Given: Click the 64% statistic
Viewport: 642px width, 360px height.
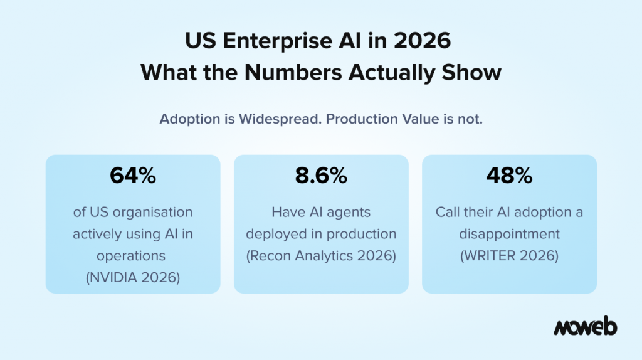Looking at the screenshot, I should (x=132, y=176).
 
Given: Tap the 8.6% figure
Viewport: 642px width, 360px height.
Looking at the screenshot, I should (x=321, y=176).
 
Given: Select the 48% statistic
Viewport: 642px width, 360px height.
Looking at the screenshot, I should (x=509, y=176).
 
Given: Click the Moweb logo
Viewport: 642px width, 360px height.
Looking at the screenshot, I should (x=585, y=327).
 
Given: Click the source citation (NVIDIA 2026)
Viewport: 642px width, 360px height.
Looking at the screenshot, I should (x=132, y=277).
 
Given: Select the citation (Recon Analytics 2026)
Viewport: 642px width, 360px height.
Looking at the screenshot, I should (x=321, y=256).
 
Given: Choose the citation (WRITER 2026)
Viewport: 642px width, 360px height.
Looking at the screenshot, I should (x=509, y=256).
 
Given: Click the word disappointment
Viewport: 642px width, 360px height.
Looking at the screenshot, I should (x=509, y=234).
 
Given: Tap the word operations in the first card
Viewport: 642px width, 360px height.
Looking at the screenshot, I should (x=132, y=256).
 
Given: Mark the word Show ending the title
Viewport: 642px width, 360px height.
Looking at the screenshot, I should (x=475, y=72).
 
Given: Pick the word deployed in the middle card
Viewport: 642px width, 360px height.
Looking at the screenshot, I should (x=274, y=234).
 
